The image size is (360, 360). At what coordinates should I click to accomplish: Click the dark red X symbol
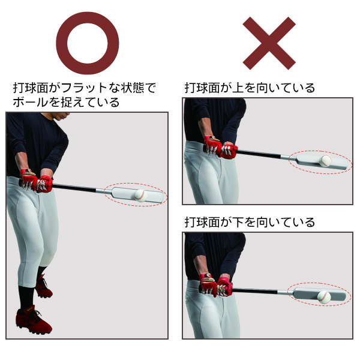pos(269,43)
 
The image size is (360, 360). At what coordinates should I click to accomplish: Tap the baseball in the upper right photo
pos(326,161)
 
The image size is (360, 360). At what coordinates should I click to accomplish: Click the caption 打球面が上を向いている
pos(250,88)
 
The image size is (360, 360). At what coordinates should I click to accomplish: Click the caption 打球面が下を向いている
pos(250,223)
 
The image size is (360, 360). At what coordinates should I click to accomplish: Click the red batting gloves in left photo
pos(36,180)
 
